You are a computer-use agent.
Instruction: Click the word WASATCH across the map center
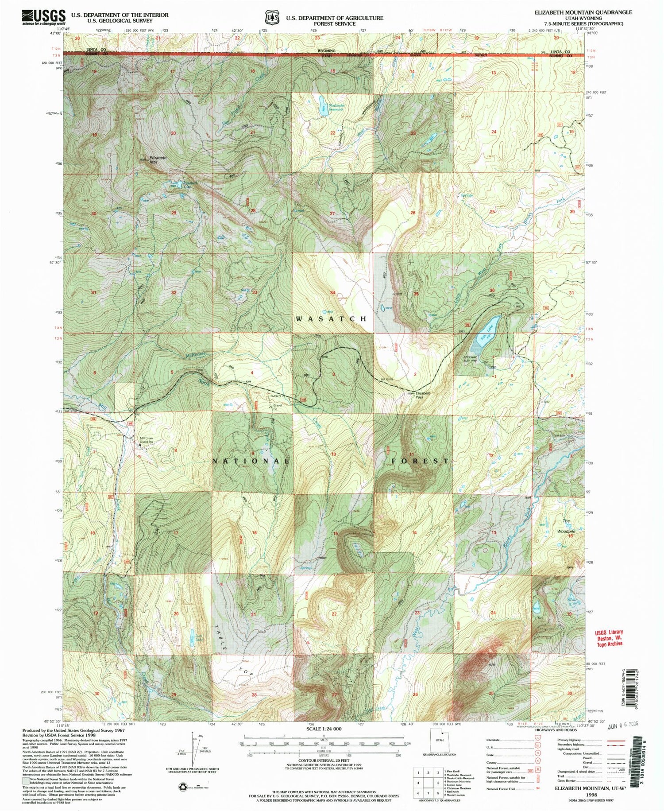point(331,318)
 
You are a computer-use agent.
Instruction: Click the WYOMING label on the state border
point(326,50)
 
